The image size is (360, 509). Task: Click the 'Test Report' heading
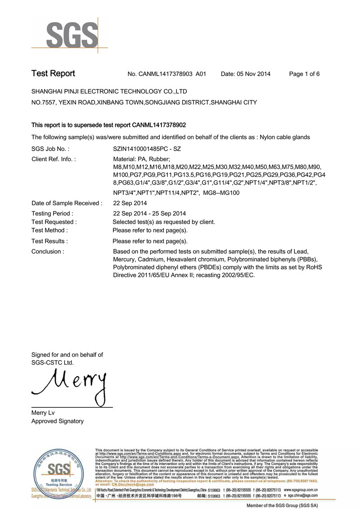click(x=53, y=74)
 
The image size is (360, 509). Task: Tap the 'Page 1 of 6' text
click(x=304, y=74)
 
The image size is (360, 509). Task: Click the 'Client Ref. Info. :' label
click(x=54, y=159)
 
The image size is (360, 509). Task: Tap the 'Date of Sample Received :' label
click(x=67, y=203)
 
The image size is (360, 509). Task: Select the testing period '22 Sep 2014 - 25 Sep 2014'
click(x=149, y=213)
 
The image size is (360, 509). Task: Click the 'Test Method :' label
click(x=49, y=230)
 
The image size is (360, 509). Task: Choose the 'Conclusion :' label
click(x=47, y=252)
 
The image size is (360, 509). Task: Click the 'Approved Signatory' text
click(x=57, y=421)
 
